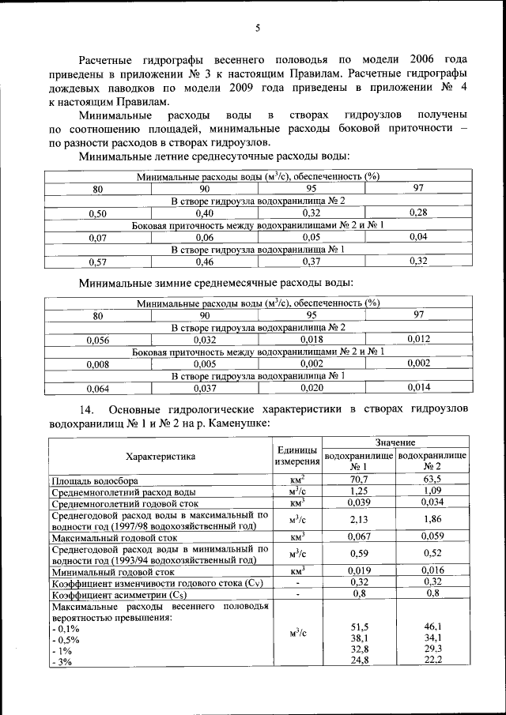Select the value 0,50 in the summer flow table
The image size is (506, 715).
pyautogui.click(x=97, y=213)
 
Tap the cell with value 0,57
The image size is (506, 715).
pyautogui.click(x=97, y=262)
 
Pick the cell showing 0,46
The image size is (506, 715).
pyautogui.click(x=205, y=262)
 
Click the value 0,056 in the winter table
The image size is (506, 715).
pyautogui.click(x=97, y=340)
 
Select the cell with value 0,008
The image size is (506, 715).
pyautogui.click(x=97, y=364)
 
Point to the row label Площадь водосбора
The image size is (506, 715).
pyautogui.click(x=95, y=480)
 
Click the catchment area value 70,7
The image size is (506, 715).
pyautogui.click(x=359, y=479)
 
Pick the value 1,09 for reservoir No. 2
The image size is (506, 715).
pyautogui.click(x=432, y=491)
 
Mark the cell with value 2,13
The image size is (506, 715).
pyautogui.click(x=359, y=519)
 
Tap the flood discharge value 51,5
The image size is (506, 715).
pyautogui.click(x=359, y=626)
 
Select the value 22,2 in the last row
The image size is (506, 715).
pyautogui.click(x=432, y=660)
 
